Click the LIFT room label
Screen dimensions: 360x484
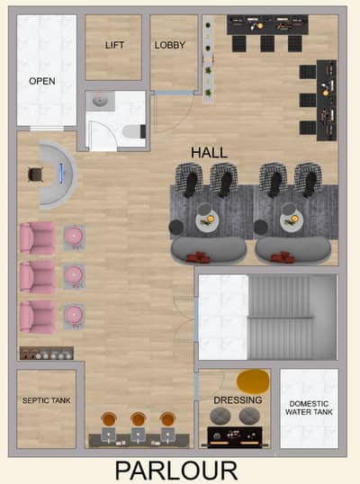[114, 45]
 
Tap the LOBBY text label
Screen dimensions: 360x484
[170, 45]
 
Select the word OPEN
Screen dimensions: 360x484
[42, 81]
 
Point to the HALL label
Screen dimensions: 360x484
[209, 153]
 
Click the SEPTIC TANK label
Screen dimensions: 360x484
[46, 400]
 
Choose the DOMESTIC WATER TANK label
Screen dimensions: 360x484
[309, 408]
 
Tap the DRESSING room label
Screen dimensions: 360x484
[238, 400]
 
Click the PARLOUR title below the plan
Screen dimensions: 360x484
[176, 471]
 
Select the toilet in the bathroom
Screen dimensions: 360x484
[134, 131]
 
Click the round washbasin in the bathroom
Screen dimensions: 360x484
[100, 100]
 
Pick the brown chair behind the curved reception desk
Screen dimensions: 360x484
[35, 175]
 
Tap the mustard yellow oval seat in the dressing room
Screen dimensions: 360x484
[253, 381]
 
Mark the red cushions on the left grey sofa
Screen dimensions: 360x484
[198, 257]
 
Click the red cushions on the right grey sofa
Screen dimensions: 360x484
[283, 257]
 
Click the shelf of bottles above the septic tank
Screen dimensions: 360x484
[47, 354]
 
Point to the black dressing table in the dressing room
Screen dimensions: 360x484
[235, 437]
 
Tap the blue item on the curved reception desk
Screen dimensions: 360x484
[61, 174]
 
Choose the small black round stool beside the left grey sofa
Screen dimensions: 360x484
[176, 227]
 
